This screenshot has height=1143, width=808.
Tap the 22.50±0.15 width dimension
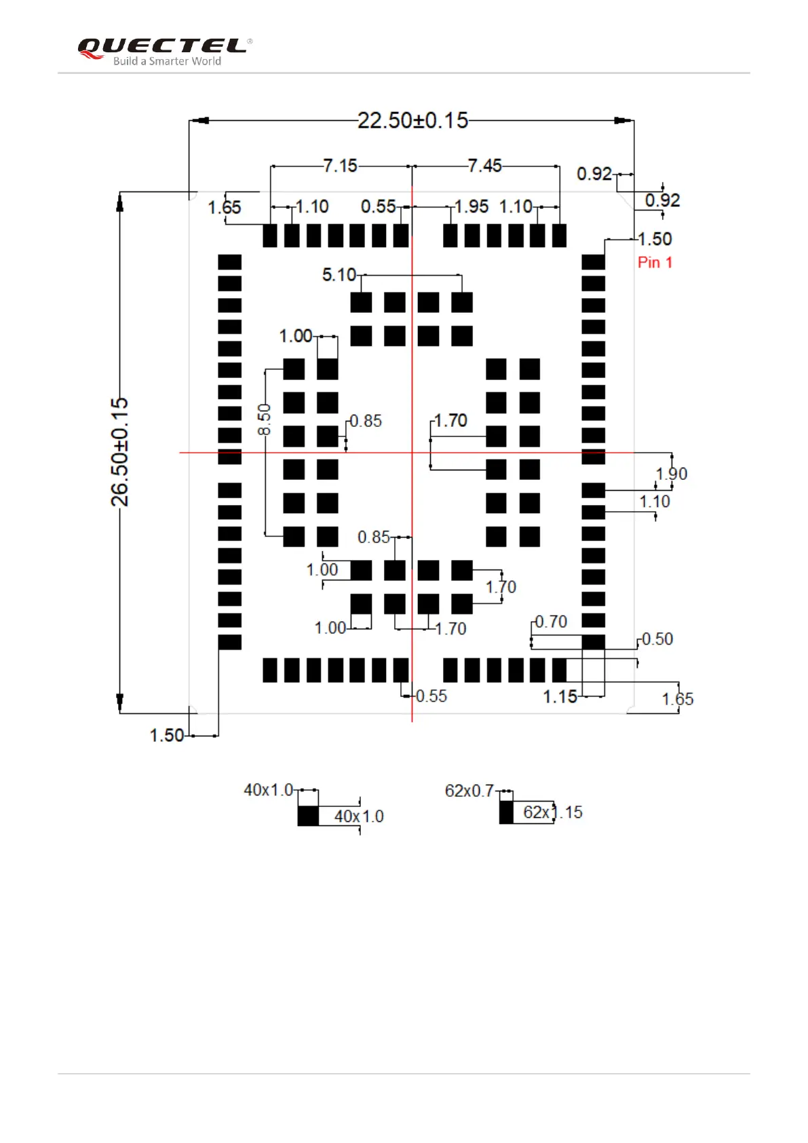[x=412, y=121]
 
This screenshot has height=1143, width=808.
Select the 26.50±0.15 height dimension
[x=119, y=452]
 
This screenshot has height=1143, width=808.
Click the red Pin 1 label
[x=655, y=263]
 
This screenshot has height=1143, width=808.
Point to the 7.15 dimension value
[x=340, y=166]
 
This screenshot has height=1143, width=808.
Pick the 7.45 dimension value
[x=484, y=166]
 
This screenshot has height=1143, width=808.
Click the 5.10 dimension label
[x=339, y=275]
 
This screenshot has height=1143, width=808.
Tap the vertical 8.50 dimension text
[x=264, y=419]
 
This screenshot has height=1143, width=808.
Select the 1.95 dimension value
[x=471, y=206]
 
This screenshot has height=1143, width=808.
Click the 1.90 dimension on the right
[x=672, y=474]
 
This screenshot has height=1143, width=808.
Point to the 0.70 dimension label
[x=551, y=622]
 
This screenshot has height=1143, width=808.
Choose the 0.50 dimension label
[x=657, y=639]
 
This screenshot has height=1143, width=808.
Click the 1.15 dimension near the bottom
[x=560, y=697]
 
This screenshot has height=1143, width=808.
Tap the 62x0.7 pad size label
[x=469, y=791]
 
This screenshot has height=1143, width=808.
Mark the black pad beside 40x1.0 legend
[x=308, y=816]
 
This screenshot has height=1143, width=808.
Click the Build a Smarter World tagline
[x=167, y=61]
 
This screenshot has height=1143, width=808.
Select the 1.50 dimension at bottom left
[x=166, y=735]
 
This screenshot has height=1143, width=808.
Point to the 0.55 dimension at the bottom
[x=431, y=696]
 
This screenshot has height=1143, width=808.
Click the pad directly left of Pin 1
[x=593, y=262]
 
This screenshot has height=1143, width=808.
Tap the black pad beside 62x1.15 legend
[x=506, y=812]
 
